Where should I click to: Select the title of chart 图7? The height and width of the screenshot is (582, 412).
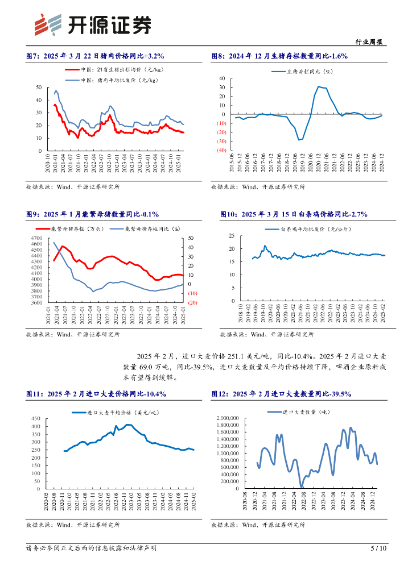pos(95,56)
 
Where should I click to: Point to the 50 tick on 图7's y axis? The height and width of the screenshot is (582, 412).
pos(39,87)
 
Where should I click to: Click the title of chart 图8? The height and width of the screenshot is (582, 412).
pos(279,56)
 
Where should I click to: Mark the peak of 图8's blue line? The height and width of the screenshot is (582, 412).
pos(319,86)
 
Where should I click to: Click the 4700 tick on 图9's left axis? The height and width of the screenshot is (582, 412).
pos(35,238)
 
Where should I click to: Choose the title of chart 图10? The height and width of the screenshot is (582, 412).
pos(294,214)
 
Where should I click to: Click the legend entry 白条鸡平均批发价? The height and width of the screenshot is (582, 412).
pos(316,229)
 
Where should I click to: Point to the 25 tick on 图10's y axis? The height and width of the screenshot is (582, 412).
pos(232,235)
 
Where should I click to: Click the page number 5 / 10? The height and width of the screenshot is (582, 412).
pos(378,548)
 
